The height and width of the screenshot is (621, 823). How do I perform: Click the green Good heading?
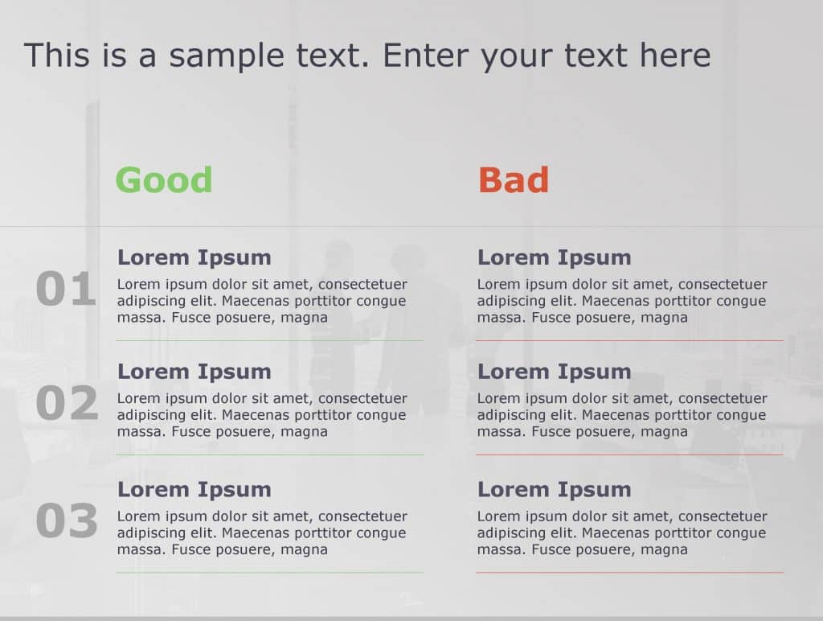click(164, 179)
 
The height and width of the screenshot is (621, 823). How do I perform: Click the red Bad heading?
click(514, 179)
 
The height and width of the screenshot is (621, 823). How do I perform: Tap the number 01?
click(66, 290)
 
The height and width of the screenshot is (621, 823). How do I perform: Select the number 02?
click(67, 404)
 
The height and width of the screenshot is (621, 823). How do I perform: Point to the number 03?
click(67, 521)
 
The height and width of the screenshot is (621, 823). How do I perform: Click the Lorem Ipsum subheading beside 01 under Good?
click(194, 257)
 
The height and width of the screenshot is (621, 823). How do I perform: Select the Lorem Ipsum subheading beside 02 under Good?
click(194, 372)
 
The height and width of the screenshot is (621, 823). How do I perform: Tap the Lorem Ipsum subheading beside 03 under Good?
click(194, 489)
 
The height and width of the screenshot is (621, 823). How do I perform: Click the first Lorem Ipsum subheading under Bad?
click(555, 257)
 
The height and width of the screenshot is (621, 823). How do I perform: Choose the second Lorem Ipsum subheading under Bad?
click(555, 372)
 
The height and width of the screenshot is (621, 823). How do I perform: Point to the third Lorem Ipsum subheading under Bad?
click(555, 489)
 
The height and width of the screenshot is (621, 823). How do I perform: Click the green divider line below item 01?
click(269, 340)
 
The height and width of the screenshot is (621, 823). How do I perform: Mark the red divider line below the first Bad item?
click(629, 340)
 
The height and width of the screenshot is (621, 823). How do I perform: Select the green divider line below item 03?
click(269, 572)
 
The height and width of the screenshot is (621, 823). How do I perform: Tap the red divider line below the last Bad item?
click(629, 572)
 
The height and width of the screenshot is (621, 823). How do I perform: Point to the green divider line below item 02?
click(269, 454)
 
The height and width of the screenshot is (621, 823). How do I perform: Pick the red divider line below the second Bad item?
click(629, 454)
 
